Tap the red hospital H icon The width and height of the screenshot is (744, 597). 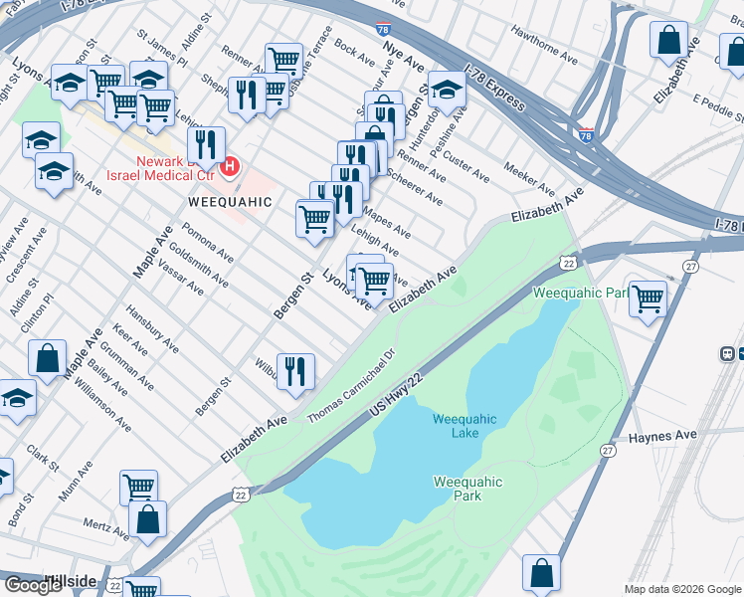(230, 165)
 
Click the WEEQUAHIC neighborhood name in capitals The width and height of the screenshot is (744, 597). (230, 202)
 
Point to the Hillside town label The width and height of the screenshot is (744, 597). (70, 581)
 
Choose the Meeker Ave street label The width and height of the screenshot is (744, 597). (529, 179)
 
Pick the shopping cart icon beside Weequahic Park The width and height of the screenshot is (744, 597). (648, 298)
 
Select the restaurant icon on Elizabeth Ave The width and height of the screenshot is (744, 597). (295, 372)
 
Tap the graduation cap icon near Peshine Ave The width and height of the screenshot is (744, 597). (447, 91)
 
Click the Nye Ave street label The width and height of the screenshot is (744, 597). (402, 62)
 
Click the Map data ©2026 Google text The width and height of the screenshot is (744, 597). (682, 589)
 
